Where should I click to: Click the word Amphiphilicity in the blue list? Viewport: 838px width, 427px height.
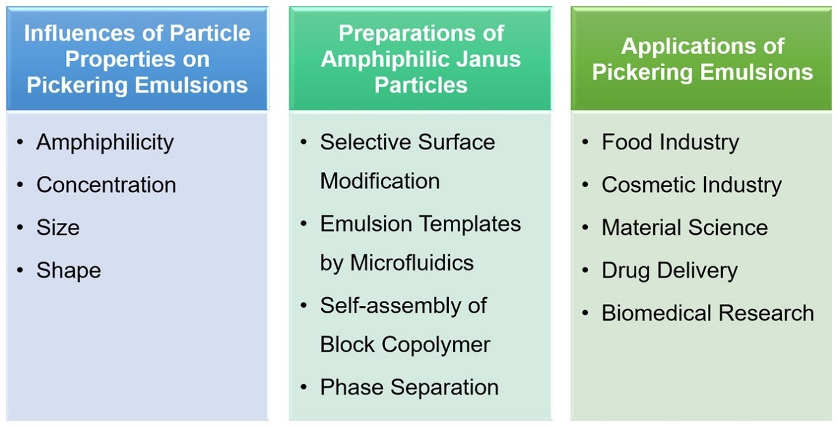coord(105,143)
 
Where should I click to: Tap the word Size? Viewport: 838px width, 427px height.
coord(58,227)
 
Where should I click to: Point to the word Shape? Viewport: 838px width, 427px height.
coord(69,271)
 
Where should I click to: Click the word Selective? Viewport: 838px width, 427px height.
coord(365,142)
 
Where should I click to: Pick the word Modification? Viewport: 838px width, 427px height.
coord(380,181)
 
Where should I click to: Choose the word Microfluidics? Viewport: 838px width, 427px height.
coord(412,262)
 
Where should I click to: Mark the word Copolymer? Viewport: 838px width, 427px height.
coord(436,345)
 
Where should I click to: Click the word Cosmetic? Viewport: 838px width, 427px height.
coord(648,185)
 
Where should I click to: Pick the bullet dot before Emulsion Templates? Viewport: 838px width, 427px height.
coord(304,224)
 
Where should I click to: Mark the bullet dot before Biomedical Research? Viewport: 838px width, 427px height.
coord(585,313)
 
